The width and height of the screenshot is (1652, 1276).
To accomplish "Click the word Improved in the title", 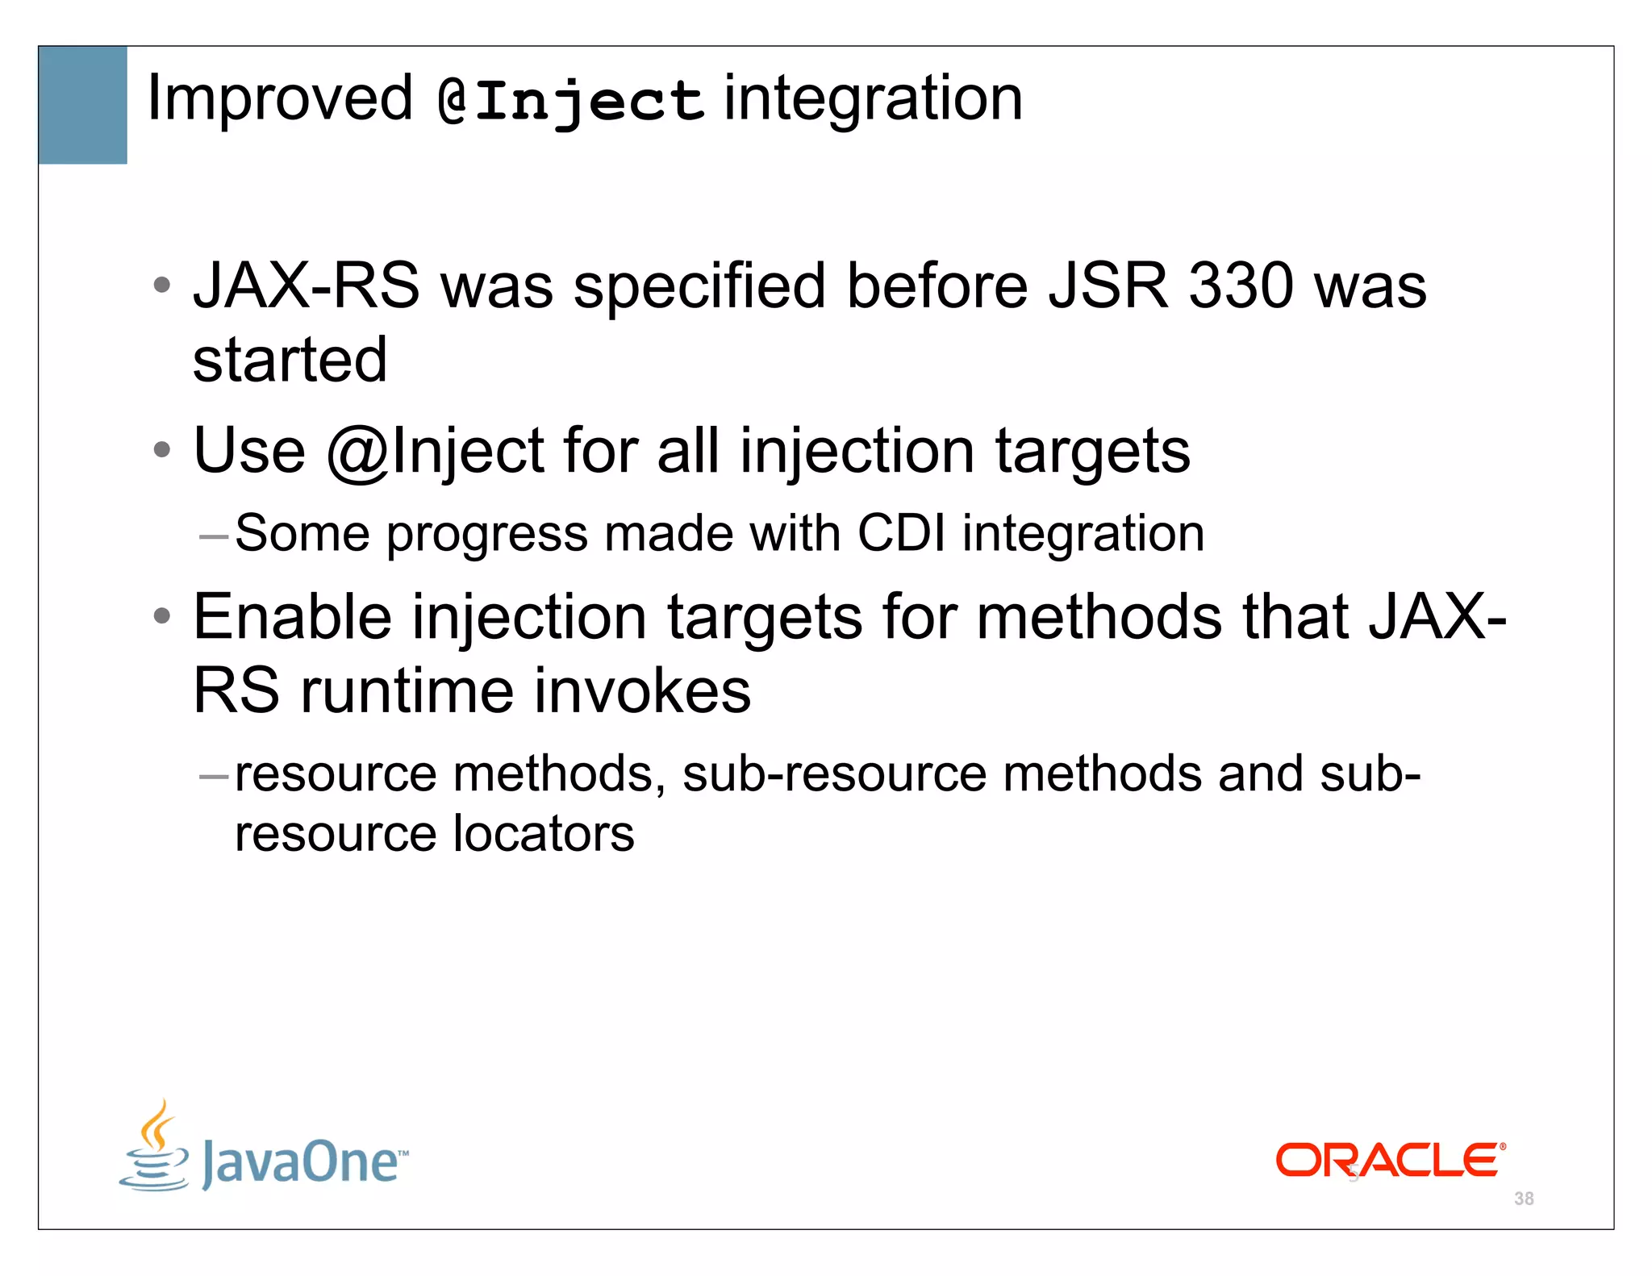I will point(279,98).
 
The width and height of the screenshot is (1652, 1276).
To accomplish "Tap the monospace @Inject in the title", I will point(570,102).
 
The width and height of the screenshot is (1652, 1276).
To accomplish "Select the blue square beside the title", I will point(83,105).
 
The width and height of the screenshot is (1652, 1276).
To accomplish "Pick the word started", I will point(290,360).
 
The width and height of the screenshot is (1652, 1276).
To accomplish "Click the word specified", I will point(699,287).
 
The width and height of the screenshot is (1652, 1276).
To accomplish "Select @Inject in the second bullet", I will point(436,452).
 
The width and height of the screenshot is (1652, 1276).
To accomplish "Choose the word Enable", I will point(292,617).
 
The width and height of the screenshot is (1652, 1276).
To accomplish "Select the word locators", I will point(543,833).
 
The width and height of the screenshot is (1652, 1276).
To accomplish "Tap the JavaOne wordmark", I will point(302,1162).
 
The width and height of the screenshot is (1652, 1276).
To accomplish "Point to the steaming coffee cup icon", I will point(155,1146).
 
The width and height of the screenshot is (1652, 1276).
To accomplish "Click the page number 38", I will point(1524,1199).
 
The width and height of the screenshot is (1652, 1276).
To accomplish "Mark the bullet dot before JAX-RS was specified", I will point(162,284).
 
